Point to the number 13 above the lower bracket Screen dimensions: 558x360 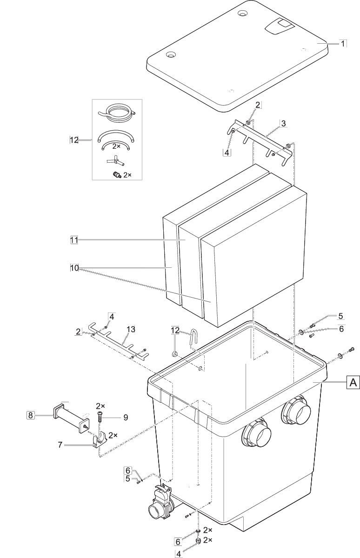(131, 329)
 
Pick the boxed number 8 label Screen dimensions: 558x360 (30, 415)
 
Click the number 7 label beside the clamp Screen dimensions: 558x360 (60, 445)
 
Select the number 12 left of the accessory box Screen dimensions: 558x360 (73, 139)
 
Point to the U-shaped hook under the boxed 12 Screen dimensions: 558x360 (192, 339)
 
